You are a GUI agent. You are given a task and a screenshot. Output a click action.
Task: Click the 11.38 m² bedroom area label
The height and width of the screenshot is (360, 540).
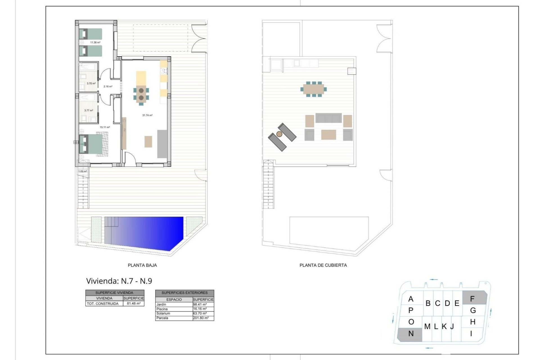[95, 42]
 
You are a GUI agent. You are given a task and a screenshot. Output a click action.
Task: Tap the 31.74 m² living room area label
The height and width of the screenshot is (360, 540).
[147, 115]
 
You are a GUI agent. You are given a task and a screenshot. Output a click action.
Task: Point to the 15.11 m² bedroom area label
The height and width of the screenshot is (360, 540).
[105, 127]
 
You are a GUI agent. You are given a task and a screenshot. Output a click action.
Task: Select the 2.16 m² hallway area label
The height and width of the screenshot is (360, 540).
[108, 87]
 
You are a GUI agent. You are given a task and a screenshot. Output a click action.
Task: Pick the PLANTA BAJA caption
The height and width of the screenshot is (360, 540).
[142, 265]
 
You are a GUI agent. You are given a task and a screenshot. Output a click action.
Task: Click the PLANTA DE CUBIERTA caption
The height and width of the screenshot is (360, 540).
[323, 265]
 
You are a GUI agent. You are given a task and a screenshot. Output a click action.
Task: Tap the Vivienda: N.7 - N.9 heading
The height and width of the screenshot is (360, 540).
[119, 281]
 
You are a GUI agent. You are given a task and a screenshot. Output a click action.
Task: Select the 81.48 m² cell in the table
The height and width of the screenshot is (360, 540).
[134, 304]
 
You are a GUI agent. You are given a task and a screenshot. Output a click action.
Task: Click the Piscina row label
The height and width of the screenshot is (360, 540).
[162, 309]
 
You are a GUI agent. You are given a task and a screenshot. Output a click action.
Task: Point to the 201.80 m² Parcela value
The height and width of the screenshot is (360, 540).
[201, 318]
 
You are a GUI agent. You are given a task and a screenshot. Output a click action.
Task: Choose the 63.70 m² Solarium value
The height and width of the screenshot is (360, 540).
[200, 314]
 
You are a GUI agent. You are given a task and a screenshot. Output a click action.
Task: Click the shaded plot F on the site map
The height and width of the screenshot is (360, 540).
[475, 298]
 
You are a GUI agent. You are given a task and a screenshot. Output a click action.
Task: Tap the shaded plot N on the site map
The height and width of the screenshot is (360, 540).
[410, 334]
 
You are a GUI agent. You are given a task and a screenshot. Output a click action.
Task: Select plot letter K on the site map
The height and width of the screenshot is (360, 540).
[444, 327]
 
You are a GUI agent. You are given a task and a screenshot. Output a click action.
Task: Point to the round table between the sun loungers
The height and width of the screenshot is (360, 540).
[279, 134]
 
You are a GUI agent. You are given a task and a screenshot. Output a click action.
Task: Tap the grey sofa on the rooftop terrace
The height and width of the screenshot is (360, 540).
[328, 118]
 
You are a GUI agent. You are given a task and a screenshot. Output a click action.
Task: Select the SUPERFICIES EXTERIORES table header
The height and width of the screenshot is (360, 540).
[184, 293]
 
